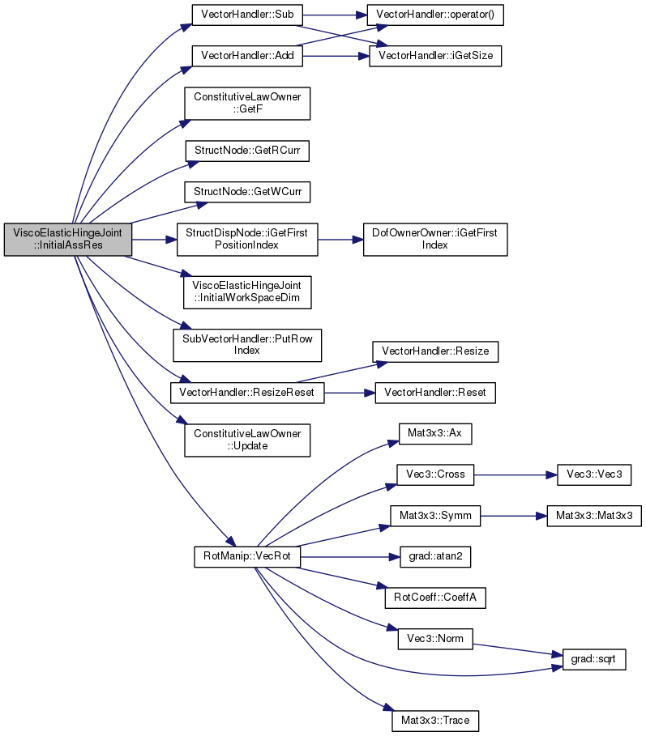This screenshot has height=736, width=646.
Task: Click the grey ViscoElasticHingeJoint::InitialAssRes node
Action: tap(68, 240)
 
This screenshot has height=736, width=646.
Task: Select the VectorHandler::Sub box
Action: tap(247, 15)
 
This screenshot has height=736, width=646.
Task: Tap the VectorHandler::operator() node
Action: tap(435, 15)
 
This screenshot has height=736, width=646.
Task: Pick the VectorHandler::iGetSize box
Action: tap(435, 56)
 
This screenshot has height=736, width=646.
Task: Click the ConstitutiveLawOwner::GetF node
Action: tap(247, 104)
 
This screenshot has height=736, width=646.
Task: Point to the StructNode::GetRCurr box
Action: tap(247, 151)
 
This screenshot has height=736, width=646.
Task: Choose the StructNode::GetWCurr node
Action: tap(247, 192)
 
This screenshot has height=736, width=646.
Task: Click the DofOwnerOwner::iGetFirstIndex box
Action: tap(435, 240)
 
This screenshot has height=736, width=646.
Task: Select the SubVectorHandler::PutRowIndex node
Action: tap(247, 345)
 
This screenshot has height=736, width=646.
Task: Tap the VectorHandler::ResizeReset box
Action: tap(247, 393)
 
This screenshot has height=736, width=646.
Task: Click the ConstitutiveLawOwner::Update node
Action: tap(247, 440)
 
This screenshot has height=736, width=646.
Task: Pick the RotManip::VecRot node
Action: tap(247, 557)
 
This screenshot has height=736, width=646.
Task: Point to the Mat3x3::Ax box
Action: tap(435, 433)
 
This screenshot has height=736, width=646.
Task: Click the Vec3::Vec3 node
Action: tap(594, 474)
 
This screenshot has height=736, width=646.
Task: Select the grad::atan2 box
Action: tap(435, 557)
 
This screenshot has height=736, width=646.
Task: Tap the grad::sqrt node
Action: tap(594, 660)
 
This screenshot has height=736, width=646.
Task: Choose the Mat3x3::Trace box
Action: tap(435, 721)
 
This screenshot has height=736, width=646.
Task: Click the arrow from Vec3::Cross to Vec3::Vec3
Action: tap(516, 475)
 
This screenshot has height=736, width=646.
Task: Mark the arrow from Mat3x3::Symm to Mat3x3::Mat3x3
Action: tap(514, 516)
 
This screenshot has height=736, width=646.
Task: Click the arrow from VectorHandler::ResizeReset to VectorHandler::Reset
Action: tap(349, 393)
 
